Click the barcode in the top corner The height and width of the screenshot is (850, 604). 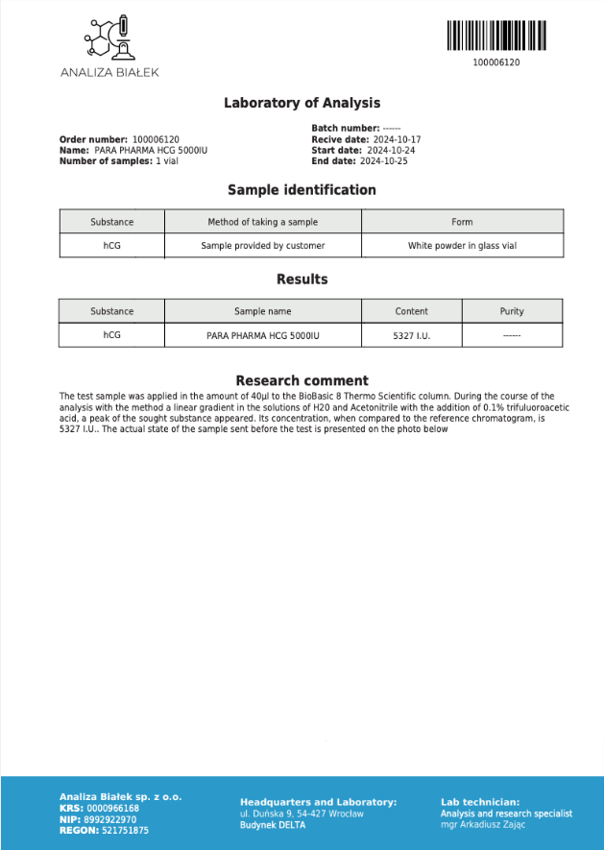point(496,36)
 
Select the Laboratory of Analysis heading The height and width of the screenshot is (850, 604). point(302,103)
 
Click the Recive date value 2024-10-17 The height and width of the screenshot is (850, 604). point(394,140)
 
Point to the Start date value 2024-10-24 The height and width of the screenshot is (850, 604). point(390,151)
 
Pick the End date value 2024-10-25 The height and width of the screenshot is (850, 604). point(384,161)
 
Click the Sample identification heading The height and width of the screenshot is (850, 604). point(302,190)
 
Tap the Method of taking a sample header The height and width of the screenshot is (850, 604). point(262,222)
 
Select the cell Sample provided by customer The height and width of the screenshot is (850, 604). point(262,246)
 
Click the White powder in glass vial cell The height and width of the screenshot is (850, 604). point(462,246)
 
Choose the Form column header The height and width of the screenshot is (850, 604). point(462,222)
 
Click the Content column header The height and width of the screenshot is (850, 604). point(411,311)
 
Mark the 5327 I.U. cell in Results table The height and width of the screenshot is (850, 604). point(411,336)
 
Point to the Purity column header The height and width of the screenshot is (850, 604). point(512,311)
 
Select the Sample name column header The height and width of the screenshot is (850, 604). point(262,311)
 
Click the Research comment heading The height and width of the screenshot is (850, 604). point(302,380)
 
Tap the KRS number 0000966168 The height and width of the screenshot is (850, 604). point(112,809)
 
